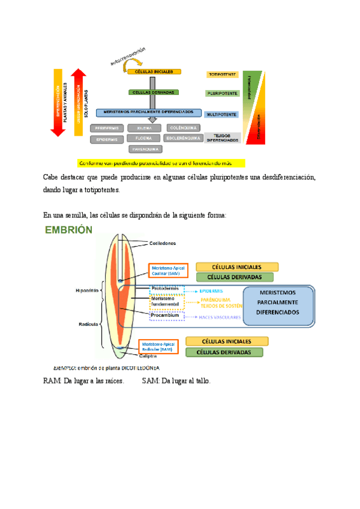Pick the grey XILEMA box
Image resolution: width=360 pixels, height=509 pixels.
[143, 128]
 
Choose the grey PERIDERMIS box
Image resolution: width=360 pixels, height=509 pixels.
[107, 128]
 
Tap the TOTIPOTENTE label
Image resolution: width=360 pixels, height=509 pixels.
[222, 75]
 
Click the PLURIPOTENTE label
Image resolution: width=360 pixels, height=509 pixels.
[222, 94]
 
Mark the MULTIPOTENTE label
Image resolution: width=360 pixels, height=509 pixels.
[222, 114]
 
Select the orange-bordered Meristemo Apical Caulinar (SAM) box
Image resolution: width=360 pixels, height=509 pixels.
[168, 271]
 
